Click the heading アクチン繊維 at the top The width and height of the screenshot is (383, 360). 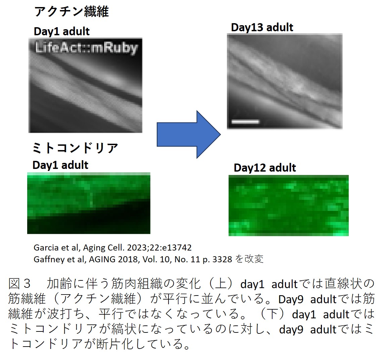[x=71, y=11]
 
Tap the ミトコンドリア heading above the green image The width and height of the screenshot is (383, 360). [x=75, y=148]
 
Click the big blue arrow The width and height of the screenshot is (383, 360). [x=189, y=134]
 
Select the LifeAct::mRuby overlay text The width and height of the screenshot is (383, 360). [x=87, y=48]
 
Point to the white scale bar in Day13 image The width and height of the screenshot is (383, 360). [x=245, y=121]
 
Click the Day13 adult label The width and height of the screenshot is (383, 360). [x=262, y=28]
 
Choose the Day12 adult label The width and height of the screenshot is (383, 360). [x=265, y=168]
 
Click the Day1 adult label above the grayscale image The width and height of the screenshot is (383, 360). [x=62, y=32]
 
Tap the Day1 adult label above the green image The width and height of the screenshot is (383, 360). [x=60, y=165]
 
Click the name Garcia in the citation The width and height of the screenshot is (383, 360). [x=47, y=248]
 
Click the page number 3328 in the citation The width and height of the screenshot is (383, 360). [x=222, y=259]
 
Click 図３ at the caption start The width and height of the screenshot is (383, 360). [x=20, y=283]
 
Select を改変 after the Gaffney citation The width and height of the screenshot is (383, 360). [x=249, y=259]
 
